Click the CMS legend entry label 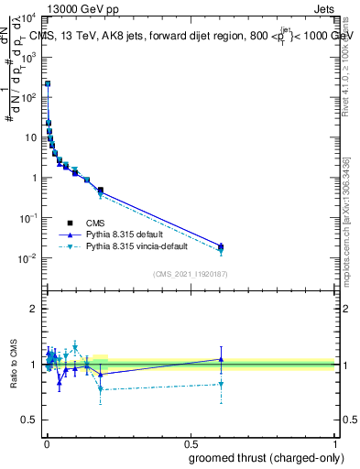coord(95,223)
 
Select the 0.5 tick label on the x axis coord(190,442)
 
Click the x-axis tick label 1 coord(334,442)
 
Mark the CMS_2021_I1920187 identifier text coord(190,274)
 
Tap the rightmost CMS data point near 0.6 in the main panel coord(221,245)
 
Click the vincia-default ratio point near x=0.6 coord(221,385)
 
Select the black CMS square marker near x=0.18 coord(100,190)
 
